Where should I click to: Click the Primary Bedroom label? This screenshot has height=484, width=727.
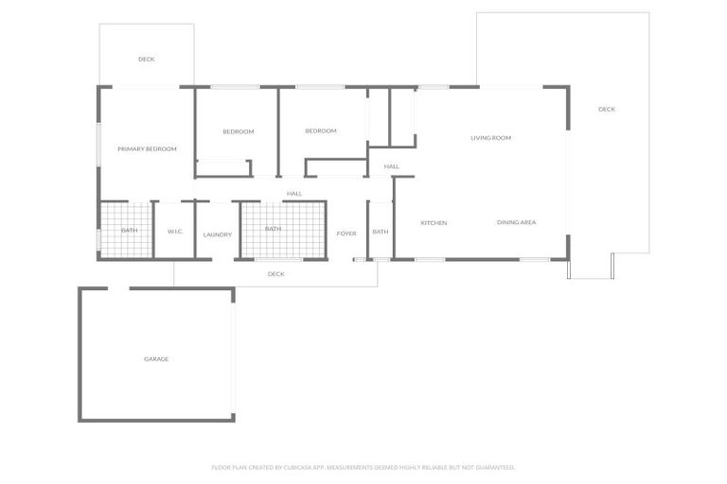[x=147, y=148]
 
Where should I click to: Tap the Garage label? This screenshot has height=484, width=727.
[x=156, y=359]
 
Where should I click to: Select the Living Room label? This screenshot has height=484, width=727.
[x=490, y=138]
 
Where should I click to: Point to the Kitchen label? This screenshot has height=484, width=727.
[x=434, y=223]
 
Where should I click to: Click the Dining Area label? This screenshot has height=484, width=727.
[x=517, y=222]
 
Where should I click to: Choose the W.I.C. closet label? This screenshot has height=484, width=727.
[x=175, y=231]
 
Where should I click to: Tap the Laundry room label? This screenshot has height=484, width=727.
[x=217, y=234]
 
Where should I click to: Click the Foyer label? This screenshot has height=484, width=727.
[x=346, y=233]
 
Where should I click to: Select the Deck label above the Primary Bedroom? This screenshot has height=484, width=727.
[x=146, y=60]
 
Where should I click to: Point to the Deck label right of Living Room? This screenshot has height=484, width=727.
[x=607, y=110]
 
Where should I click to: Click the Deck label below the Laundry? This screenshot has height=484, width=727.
[x=275, y=274]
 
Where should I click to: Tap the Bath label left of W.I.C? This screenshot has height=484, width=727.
[x=129, y=231]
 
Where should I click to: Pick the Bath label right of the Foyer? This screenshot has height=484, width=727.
[x=380, y=232]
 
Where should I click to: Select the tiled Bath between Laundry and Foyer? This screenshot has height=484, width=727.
[x=273, y=229]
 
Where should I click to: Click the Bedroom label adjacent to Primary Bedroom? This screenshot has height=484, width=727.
[x=239, y=131]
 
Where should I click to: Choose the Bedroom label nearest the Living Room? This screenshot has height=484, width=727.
[x=321, y=130]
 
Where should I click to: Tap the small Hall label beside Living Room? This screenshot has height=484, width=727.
[x=391, y=166]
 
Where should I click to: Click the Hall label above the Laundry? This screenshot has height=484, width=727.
[x=294, y=194]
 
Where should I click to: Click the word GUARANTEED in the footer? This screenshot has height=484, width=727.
[x=492, y=467]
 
